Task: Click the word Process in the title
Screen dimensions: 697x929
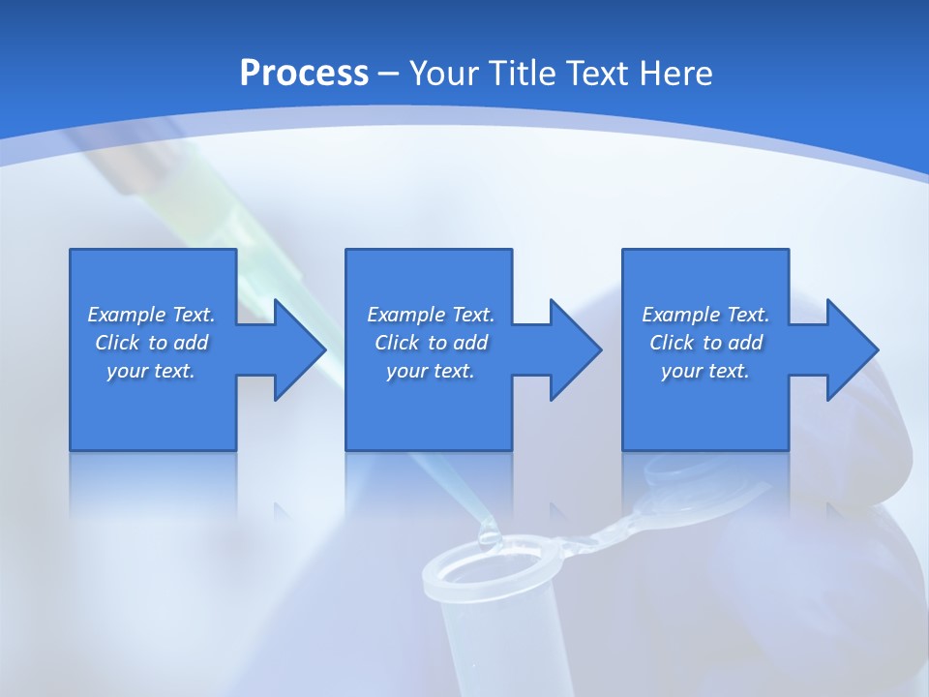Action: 304,74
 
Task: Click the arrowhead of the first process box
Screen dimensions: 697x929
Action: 300,349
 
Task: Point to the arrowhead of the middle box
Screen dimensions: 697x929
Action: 576,349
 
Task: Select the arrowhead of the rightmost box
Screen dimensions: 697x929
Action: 853,349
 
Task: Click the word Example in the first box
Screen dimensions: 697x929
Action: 127,315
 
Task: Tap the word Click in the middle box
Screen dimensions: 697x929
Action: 398,343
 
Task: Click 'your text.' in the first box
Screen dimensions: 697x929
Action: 151,371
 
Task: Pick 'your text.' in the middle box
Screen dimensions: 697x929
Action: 430,371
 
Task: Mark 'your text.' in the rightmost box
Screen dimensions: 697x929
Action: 705,371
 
